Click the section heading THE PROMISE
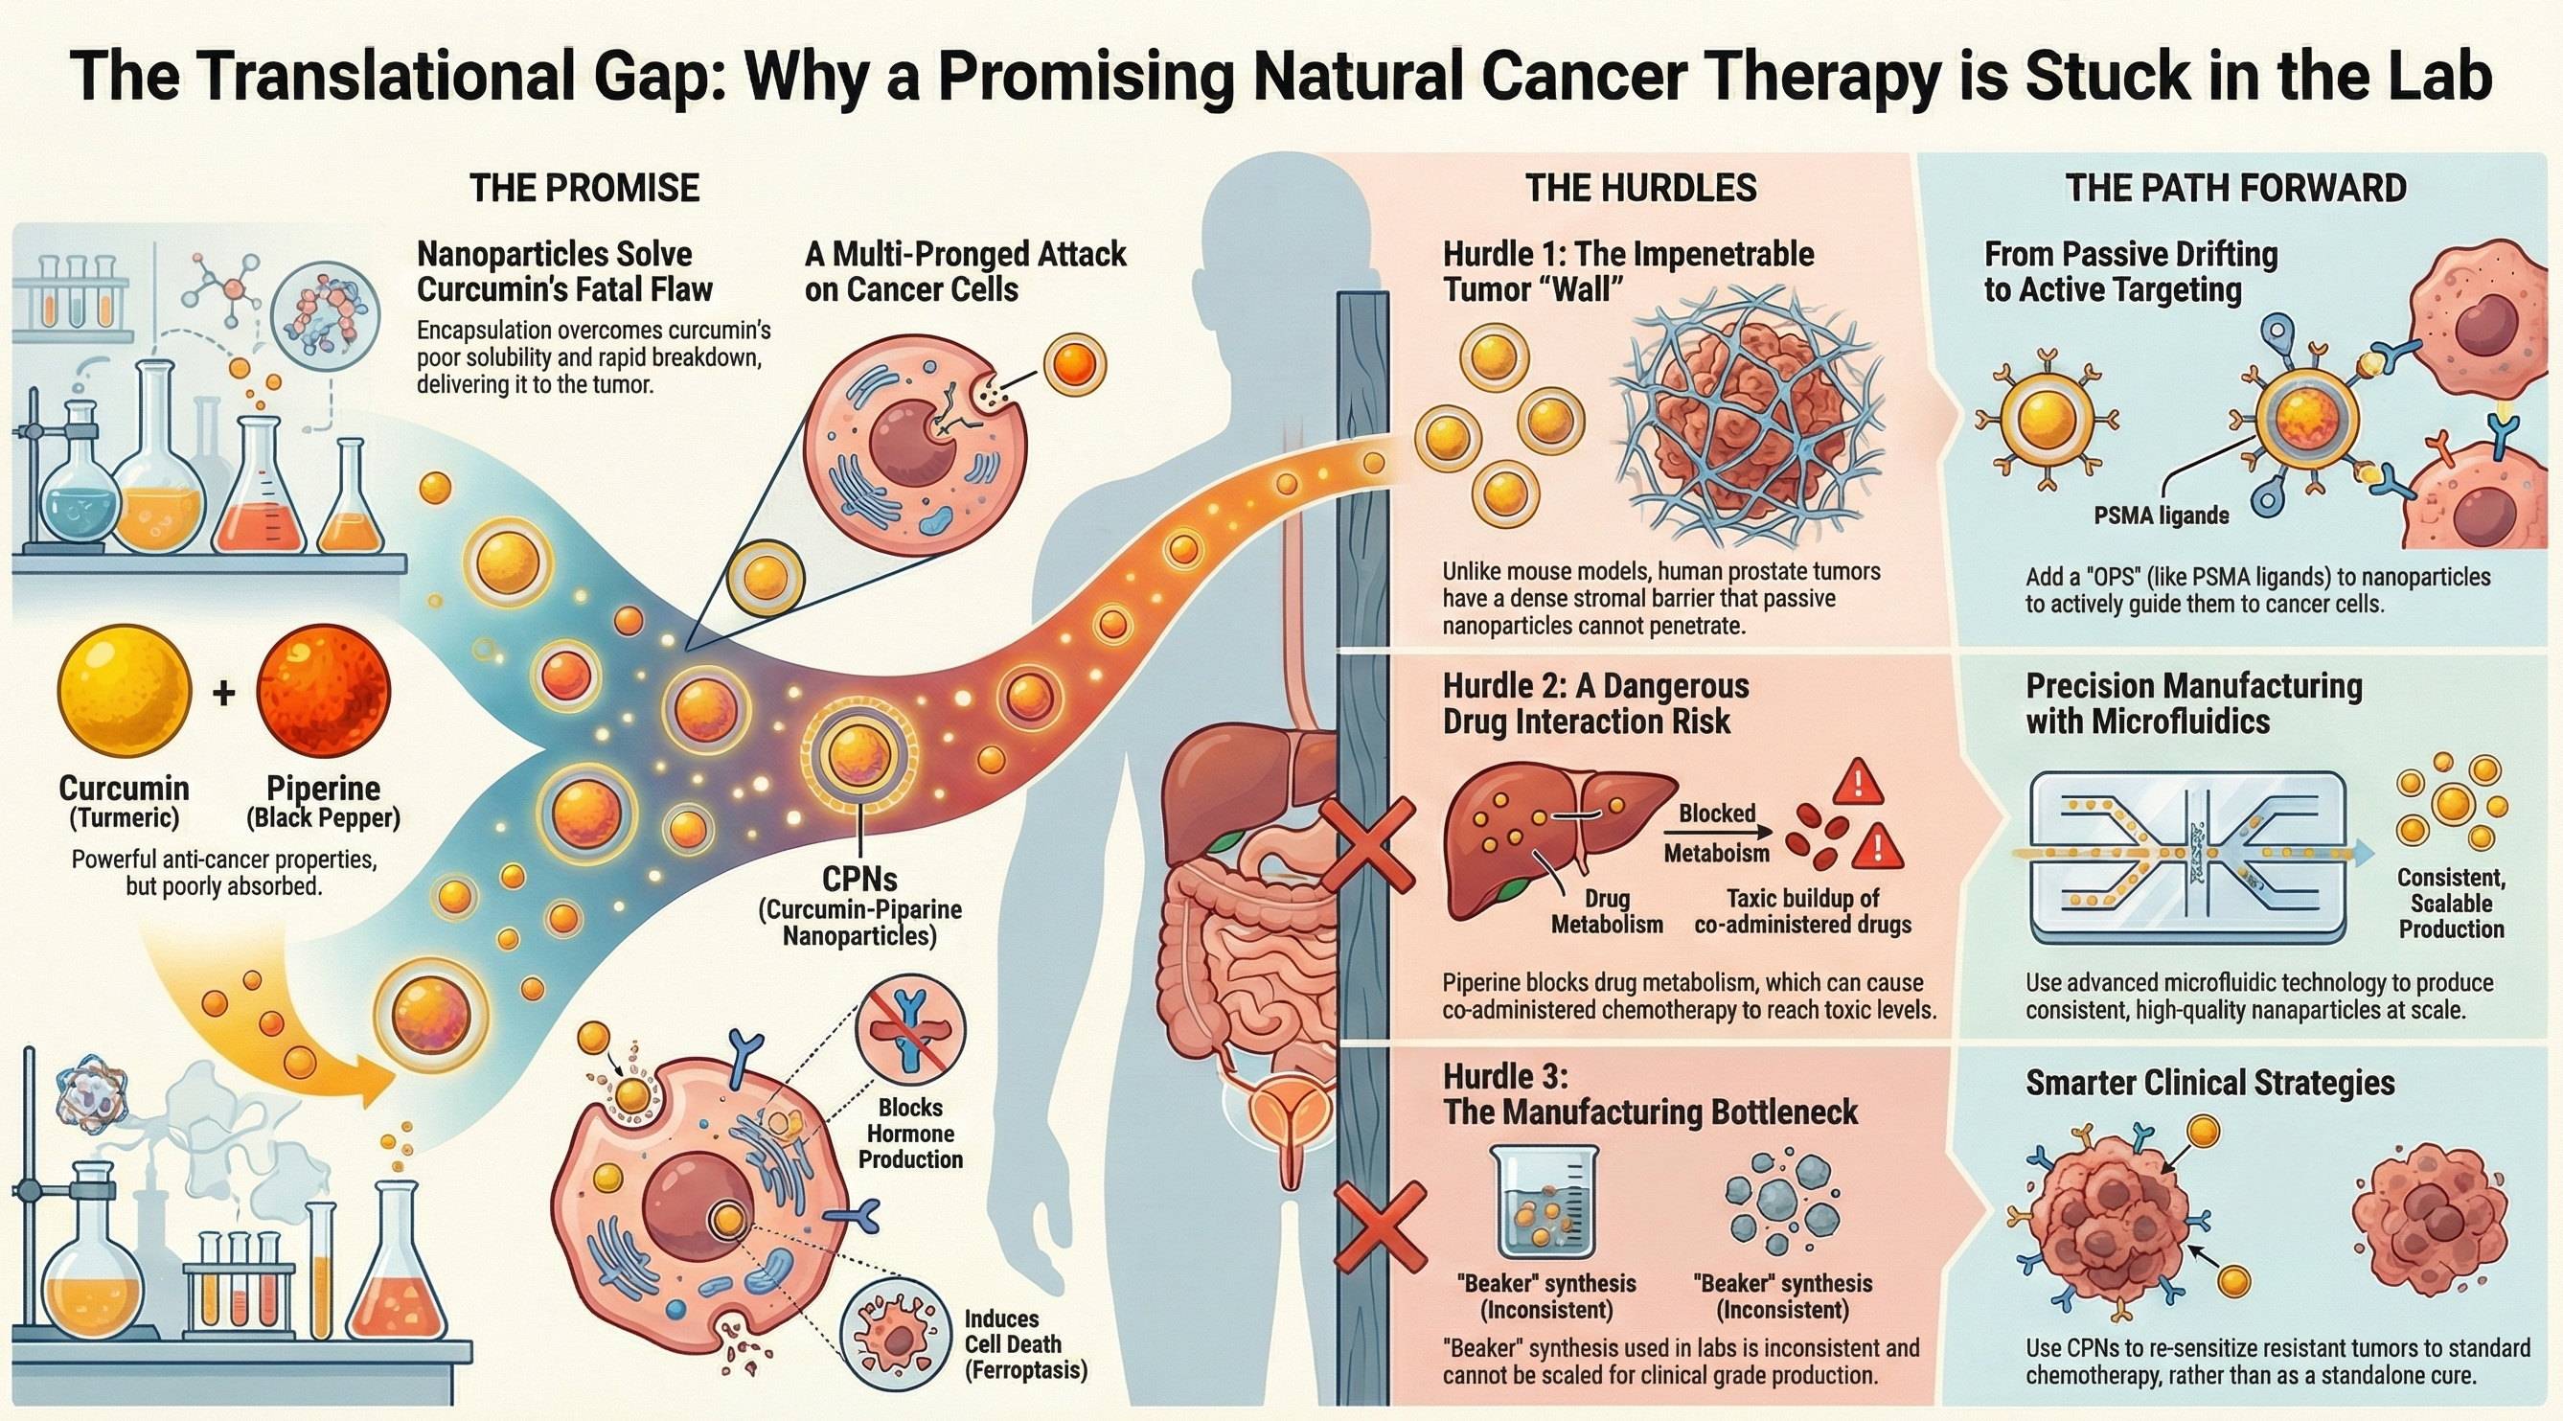584,188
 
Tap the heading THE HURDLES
1640,188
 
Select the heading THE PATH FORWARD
2235,188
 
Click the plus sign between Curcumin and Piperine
224,693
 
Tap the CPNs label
859,880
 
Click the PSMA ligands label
2161,516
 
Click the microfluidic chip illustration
2186,856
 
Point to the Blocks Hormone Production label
910,1134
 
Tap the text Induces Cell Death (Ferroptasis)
1025,1344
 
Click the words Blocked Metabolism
1716,833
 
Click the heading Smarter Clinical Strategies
2209,1083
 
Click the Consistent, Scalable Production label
2451,904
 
